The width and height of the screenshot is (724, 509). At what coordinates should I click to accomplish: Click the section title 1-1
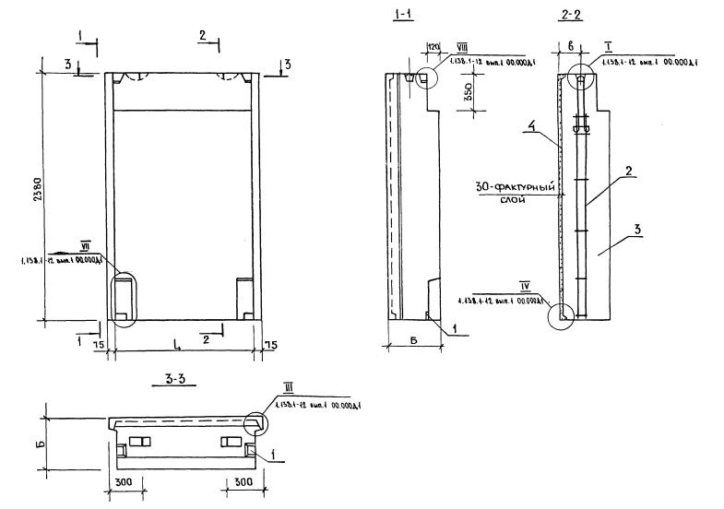401,15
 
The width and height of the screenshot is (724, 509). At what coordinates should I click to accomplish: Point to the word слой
514,200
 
